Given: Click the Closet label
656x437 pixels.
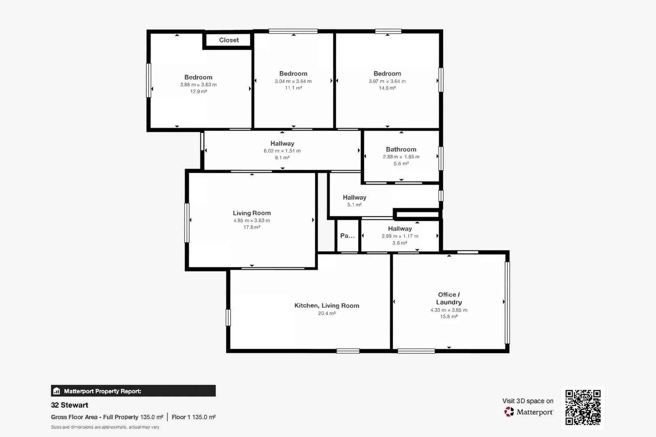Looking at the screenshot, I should tap(229, 40).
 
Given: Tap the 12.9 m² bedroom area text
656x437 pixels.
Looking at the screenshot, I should tap(198, 91).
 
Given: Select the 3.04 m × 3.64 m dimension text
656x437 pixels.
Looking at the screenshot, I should tap(293, 81).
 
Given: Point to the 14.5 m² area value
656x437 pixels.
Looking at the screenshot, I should tap(387, 88).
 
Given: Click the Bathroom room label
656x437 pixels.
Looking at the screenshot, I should tap(401, 149).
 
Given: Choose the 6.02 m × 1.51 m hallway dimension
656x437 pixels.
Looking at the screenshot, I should tap(282, 151).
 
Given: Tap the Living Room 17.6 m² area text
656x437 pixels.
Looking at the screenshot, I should tap(251, 227).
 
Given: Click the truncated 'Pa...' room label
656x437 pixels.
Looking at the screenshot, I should tap(347, 235).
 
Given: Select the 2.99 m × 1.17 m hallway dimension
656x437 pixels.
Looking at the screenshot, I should tap(400, 236).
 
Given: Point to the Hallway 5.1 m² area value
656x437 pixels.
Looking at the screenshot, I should tap(354, 205).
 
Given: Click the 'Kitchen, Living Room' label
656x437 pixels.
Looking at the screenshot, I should tap(327, 305).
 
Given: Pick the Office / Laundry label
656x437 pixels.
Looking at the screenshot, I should tap(449, 298).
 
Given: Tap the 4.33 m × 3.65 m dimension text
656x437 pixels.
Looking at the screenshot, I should tap(449, 310).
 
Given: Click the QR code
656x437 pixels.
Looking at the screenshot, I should tap(583, 407).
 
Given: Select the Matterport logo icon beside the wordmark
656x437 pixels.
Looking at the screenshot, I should tap(509, 412).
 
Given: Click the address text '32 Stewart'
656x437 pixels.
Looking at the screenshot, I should tap(70, 405).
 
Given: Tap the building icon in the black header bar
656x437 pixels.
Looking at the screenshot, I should tap(57, 391).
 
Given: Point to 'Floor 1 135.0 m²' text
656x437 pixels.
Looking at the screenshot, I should tap(193, 417).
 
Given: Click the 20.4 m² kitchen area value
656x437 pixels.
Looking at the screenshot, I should tap(327, 313).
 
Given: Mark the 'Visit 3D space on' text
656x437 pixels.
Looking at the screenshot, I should tap(528, 401).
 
